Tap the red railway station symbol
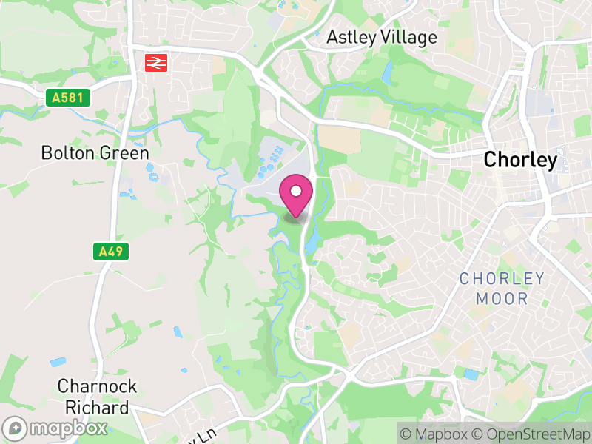tap(155, 63)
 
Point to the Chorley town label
tap(519, 160)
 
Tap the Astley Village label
tap(382, 37)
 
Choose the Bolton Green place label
tap(95, 153)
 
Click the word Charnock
tap(96, 386)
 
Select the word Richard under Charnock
tap(96, 407)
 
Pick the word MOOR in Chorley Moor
tap(502, 299)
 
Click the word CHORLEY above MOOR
tap(502, 279)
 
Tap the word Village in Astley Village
tap(411, 37)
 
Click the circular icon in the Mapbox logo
tap(15, 428)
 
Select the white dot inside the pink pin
tap(296, 192)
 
